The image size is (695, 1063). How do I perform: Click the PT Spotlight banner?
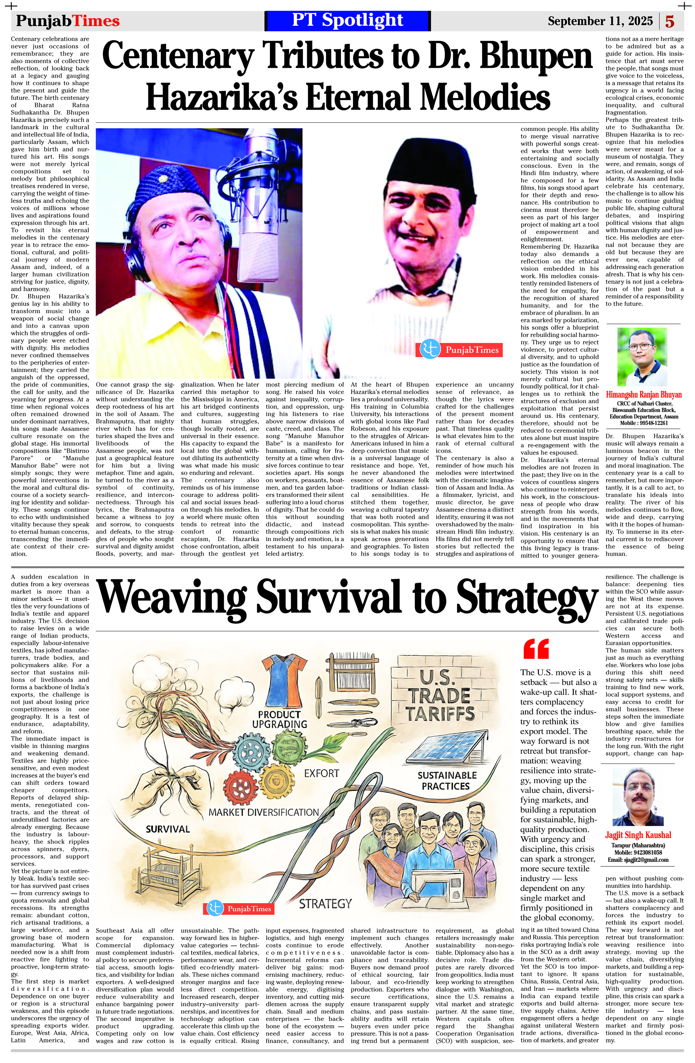pyautogui.click(x=347, y=21)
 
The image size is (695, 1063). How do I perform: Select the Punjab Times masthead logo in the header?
pyautogui.click(x=68, y=21)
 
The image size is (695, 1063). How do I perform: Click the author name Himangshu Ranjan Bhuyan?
pyautogui.click(x=644, y=394)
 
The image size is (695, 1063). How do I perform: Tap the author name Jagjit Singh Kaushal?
pyautogui.click(x=638, y=835)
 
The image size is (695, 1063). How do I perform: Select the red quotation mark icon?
pyautogui.click(x=535, y=649)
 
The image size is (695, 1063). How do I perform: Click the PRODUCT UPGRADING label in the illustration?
pyautogui.click(x=280, y=719)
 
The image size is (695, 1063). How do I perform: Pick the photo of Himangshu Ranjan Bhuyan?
pyautogui.click(x=642, y=357)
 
